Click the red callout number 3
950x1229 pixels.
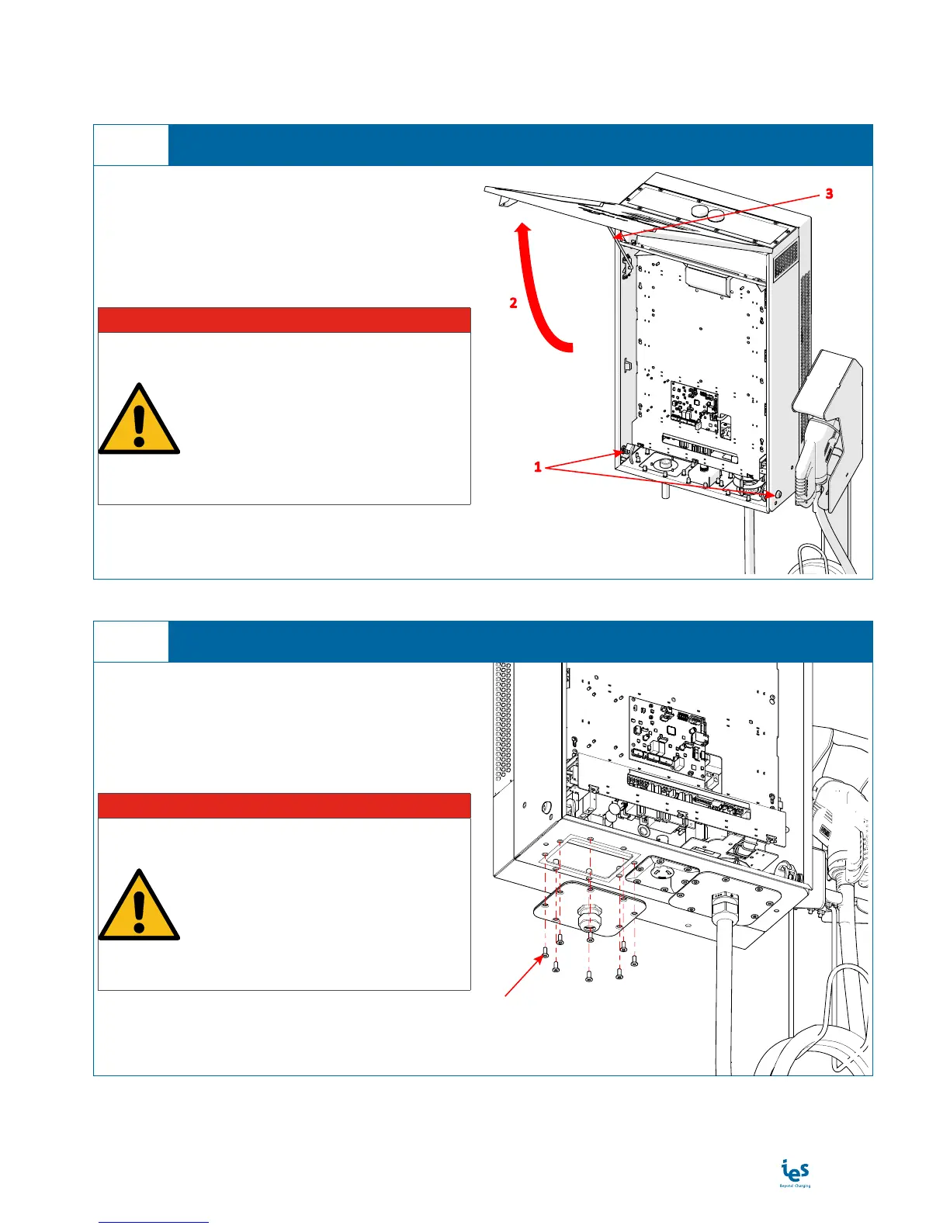(829, 194)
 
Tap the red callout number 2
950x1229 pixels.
(513, 303)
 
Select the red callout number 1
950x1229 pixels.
(537, 468)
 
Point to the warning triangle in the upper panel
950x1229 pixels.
(139, 421)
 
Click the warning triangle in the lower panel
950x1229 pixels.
(139, 907)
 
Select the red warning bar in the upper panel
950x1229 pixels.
(284, 320)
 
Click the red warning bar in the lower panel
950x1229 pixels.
(284, 805)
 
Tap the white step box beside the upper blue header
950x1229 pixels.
(131, 145)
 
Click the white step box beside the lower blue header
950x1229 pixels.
(131, 642)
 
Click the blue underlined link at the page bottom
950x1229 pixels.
(154, 1222)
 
